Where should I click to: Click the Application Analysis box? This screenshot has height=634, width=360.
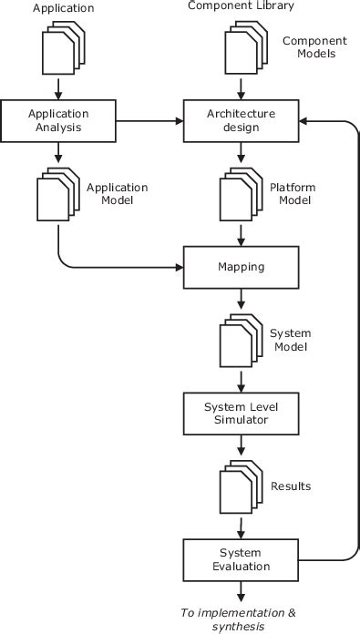[58, 120]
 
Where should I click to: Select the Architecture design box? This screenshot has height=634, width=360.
[242, 120]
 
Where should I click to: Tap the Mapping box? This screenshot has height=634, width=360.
[242, 269]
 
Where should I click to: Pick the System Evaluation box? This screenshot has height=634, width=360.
[242, 559]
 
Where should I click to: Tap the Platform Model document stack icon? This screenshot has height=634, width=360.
[242, 195]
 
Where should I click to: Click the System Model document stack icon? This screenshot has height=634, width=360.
[242, 341]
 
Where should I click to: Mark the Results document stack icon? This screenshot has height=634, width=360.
[242, 486]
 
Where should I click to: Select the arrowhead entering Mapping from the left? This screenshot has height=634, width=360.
[179, 269]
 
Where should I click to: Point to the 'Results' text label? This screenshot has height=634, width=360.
[290, 486]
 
